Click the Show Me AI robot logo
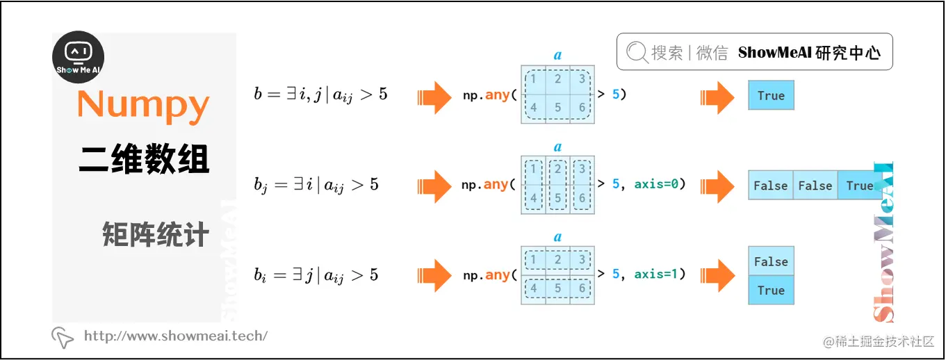point(79,57)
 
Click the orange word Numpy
point(143,105)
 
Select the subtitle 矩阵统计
point(155,235)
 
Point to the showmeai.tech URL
point(175,336)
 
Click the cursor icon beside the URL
point(63,337)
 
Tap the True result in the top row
point(771,96)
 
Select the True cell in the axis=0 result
point(860,186)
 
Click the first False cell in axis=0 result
point(770,186)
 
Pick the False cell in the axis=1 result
point(771,261)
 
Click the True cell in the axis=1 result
point(771,291)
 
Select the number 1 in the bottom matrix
point(533,259)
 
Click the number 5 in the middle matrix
point(557,198)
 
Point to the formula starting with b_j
point(316,186)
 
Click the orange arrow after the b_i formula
point(434,275)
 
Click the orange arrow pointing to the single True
point(717,97)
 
